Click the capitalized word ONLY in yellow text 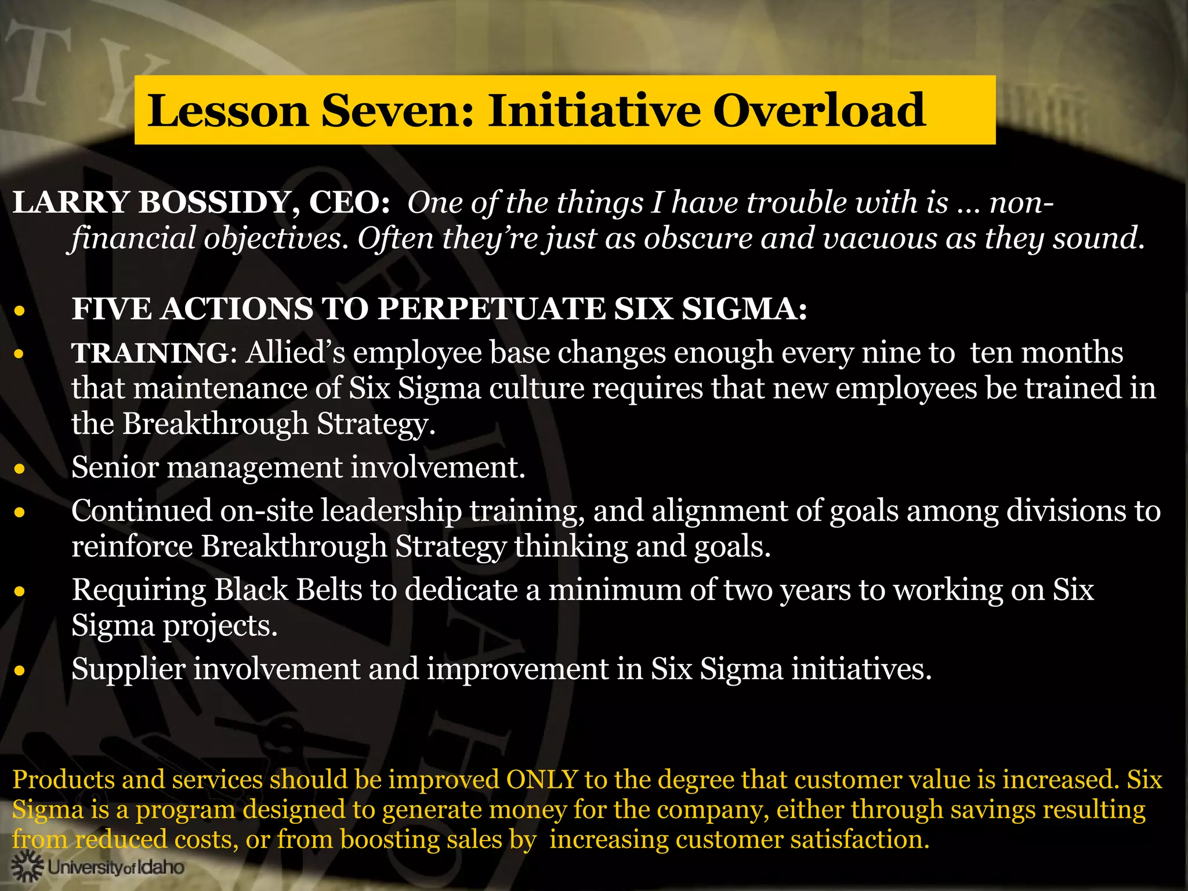tap(542, 779)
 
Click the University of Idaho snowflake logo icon tap(27, 867)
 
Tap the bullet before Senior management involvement tap(20, 468)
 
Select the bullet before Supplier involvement tap(20, 671)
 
